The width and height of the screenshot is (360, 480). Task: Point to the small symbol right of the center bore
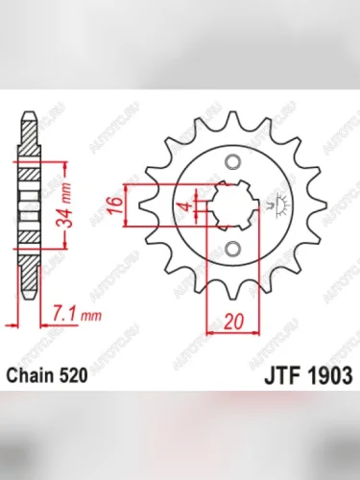click(279, 204)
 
